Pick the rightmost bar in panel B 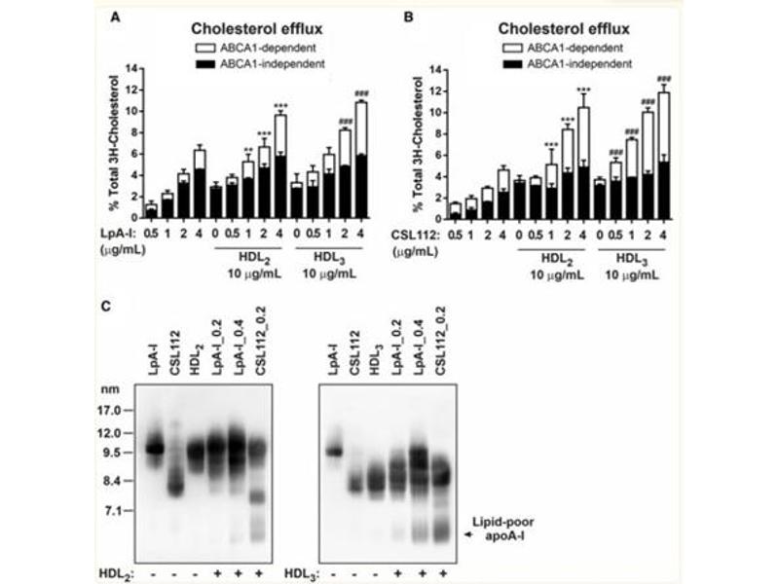(x=663, y=154)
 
